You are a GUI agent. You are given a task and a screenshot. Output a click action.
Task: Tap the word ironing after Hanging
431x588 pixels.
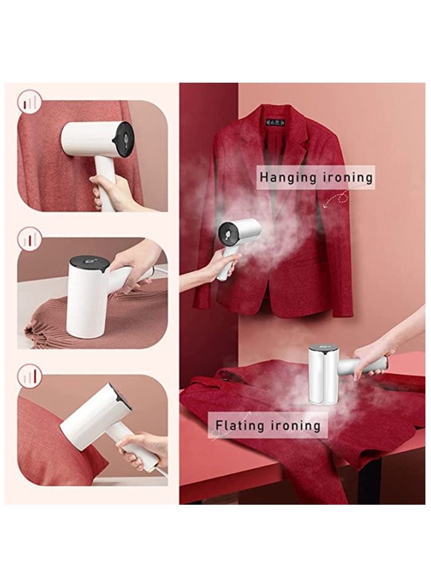(x=345, y=177)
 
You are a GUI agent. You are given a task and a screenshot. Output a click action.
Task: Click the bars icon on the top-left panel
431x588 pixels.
(x=29, y=101)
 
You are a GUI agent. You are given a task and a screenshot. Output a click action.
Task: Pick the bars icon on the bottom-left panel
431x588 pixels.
(x=29, y=374)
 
